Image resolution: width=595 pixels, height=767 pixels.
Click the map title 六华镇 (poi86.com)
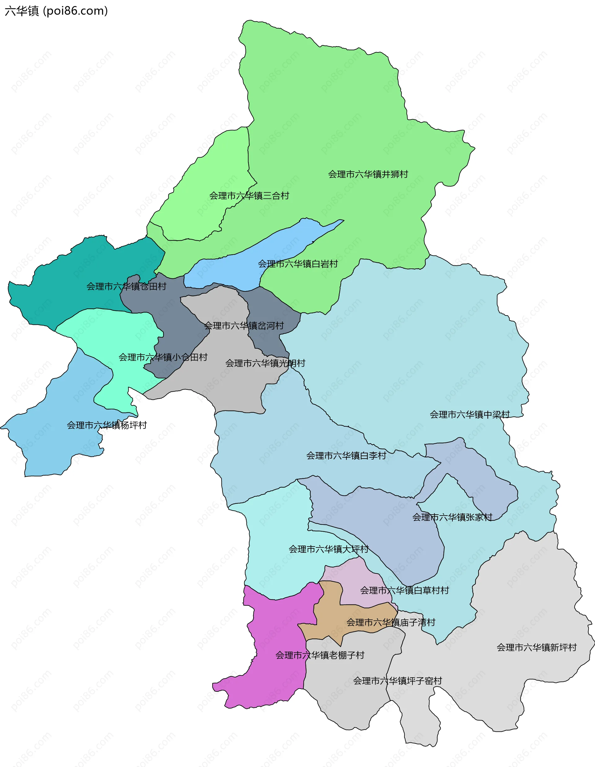click(x=56, y=11)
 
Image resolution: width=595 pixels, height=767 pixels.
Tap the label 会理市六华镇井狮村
click(x=368, y=174)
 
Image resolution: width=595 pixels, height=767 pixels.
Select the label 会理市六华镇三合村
click(x=249, y=196)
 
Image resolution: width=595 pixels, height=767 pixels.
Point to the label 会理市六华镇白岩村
click(x=298, y=264)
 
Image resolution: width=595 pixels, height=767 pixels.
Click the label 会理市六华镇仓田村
click(x=126, y=286)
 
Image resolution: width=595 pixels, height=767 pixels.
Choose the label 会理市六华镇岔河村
click(x=244, y=325)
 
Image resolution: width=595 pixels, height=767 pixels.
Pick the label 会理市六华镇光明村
click(x=265, y=363)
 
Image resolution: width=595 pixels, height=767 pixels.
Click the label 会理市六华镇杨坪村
click(x=107, y=425)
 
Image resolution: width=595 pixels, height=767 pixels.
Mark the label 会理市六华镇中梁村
click(x=469, y=414)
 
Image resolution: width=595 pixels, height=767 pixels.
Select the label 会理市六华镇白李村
click(x=346, y=455)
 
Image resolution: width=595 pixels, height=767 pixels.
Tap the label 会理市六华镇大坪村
click(x=328, y=549)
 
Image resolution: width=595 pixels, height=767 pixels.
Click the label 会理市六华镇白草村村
click(x=404, y=591)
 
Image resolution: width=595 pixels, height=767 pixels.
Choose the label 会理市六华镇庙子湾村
click(x=390, y=622)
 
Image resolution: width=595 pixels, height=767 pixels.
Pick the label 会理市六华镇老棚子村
click(x=320, y=655)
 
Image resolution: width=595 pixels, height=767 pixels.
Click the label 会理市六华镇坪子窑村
click(x=397, y=681)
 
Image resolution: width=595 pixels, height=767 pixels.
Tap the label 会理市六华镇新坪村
click(x=536, y=647)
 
